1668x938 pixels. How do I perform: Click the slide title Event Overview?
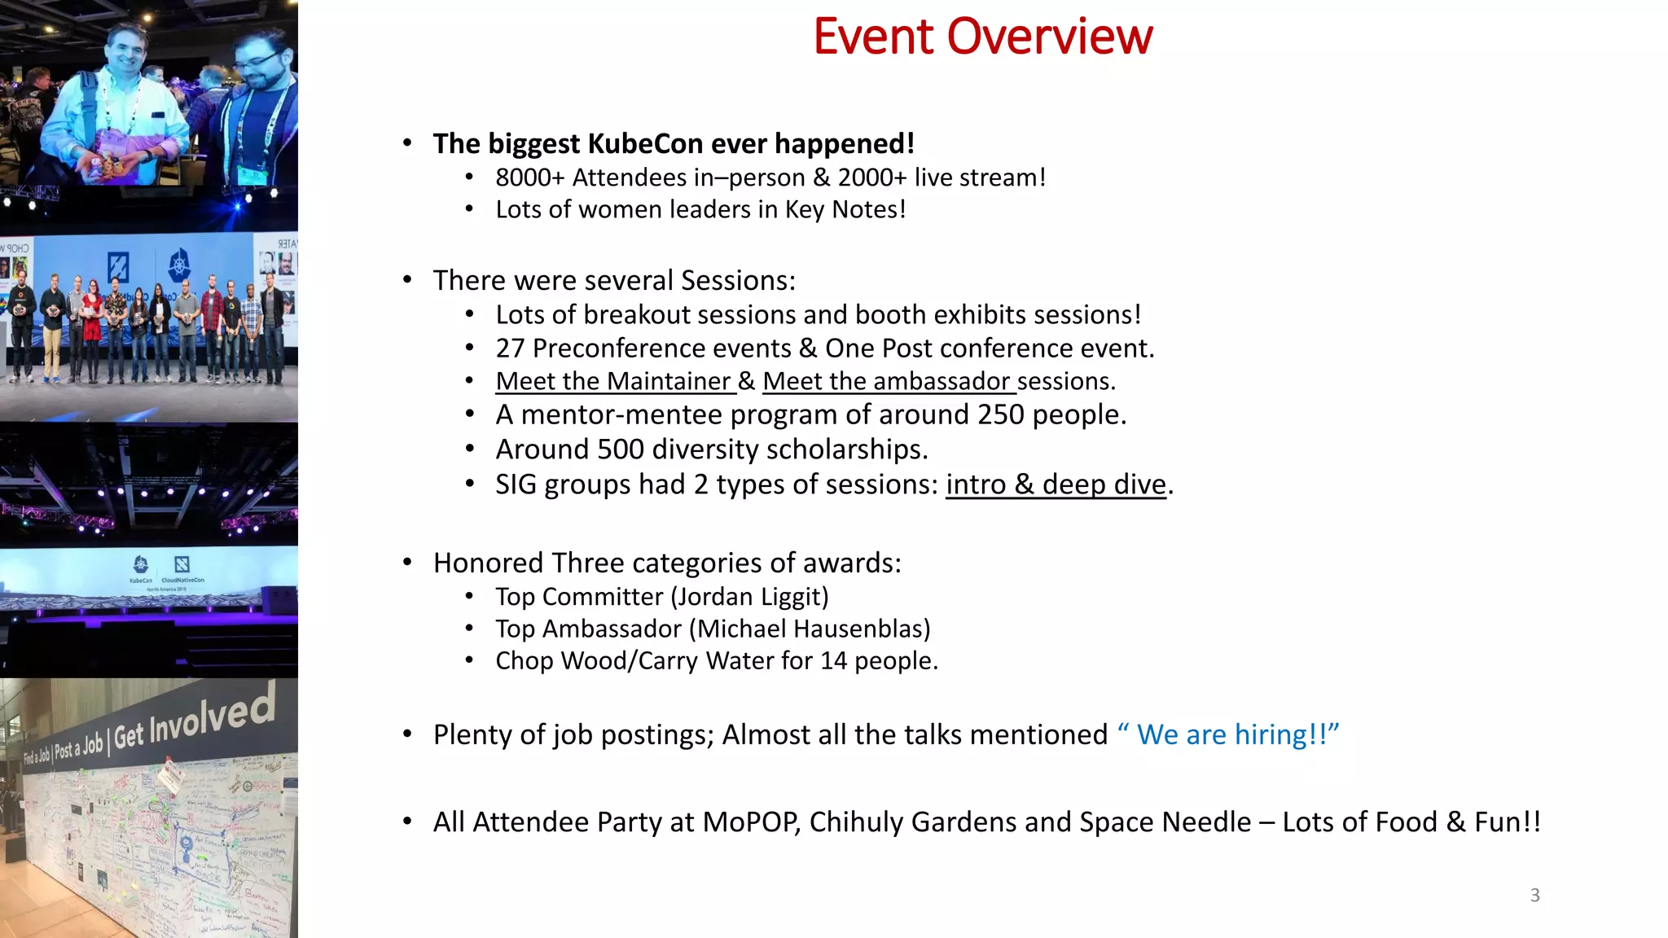[x=983, y=37]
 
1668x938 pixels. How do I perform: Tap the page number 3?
[x=1534, y=896]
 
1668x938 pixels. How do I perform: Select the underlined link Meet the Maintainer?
[x=613, y=381]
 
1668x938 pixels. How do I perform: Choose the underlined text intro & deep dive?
[x=1056, y=484]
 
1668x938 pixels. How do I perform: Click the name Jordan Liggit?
[x=749, y=597]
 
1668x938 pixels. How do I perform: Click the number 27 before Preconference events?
[x=510, y=348]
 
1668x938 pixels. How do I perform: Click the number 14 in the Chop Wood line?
[x=833, y=661]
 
